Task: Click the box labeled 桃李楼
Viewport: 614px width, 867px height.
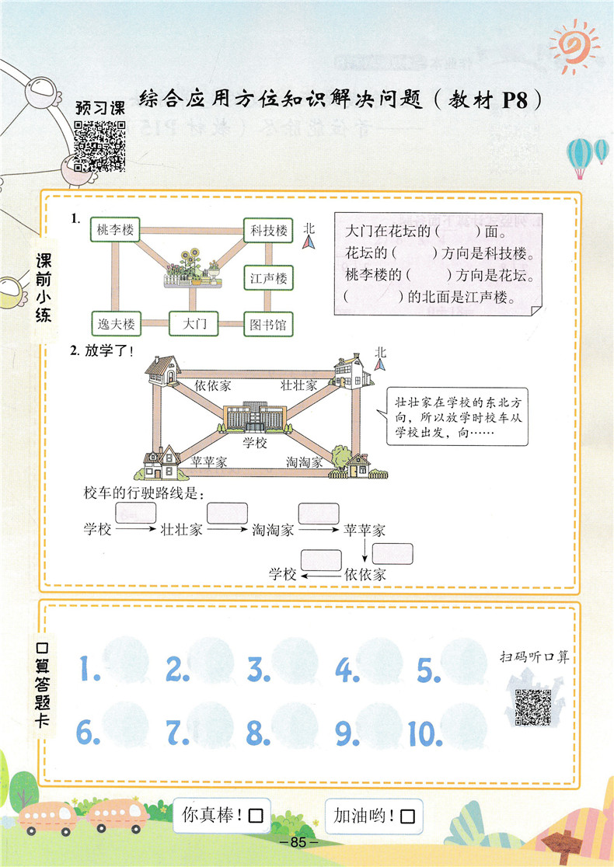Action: click(x=117, y=230)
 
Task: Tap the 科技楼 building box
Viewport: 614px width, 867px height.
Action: click(x=268, y=230)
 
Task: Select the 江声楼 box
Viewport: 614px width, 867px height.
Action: click(x=268, y=277)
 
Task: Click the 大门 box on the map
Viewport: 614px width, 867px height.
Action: click(x=194, y=324)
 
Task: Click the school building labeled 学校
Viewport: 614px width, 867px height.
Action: click(x=255, y=420)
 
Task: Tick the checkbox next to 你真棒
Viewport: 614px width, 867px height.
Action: click(x=256, y=817)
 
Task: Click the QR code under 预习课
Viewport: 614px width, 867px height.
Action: click(x=99, y=145)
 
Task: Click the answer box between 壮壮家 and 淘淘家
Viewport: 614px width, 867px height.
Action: click(x=227, y=513)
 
